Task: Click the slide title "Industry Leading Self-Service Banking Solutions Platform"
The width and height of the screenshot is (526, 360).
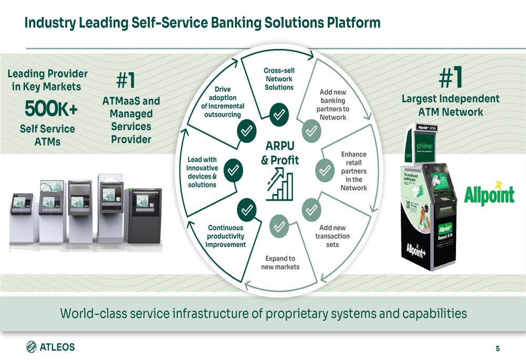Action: (203, 23)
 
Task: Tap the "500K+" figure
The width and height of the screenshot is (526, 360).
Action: (51, 109)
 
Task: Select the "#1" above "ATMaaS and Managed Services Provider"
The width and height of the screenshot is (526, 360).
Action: (126, 81)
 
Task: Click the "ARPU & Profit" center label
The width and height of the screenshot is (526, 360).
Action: (279, 152)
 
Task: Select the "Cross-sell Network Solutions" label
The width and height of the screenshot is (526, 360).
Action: (279, 79)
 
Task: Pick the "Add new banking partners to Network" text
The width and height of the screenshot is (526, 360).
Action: (333, 105)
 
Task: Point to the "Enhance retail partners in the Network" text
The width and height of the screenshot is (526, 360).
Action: (353, 171)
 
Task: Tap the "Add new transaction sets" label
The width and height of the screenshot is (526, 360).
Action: (332, 236)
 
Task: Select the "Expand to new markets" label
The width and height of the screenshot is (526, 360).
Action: (280, 262)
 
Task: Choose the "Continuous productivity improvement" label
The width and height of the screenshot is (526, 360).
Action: (226, 236)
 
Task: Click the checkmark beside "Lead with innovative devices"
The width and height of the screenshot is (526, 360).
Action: (233, 170)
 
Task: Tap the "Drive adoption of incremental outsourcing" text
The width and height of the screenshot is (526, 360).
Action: (222, 102)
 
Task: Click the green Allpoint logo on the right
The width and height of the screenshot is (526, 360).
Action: (489, 193)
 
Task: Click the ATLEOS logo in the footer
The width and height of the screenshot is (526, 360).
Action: (50, 347)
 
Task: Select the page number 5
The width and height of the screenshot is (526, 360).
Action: (497, 348)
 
